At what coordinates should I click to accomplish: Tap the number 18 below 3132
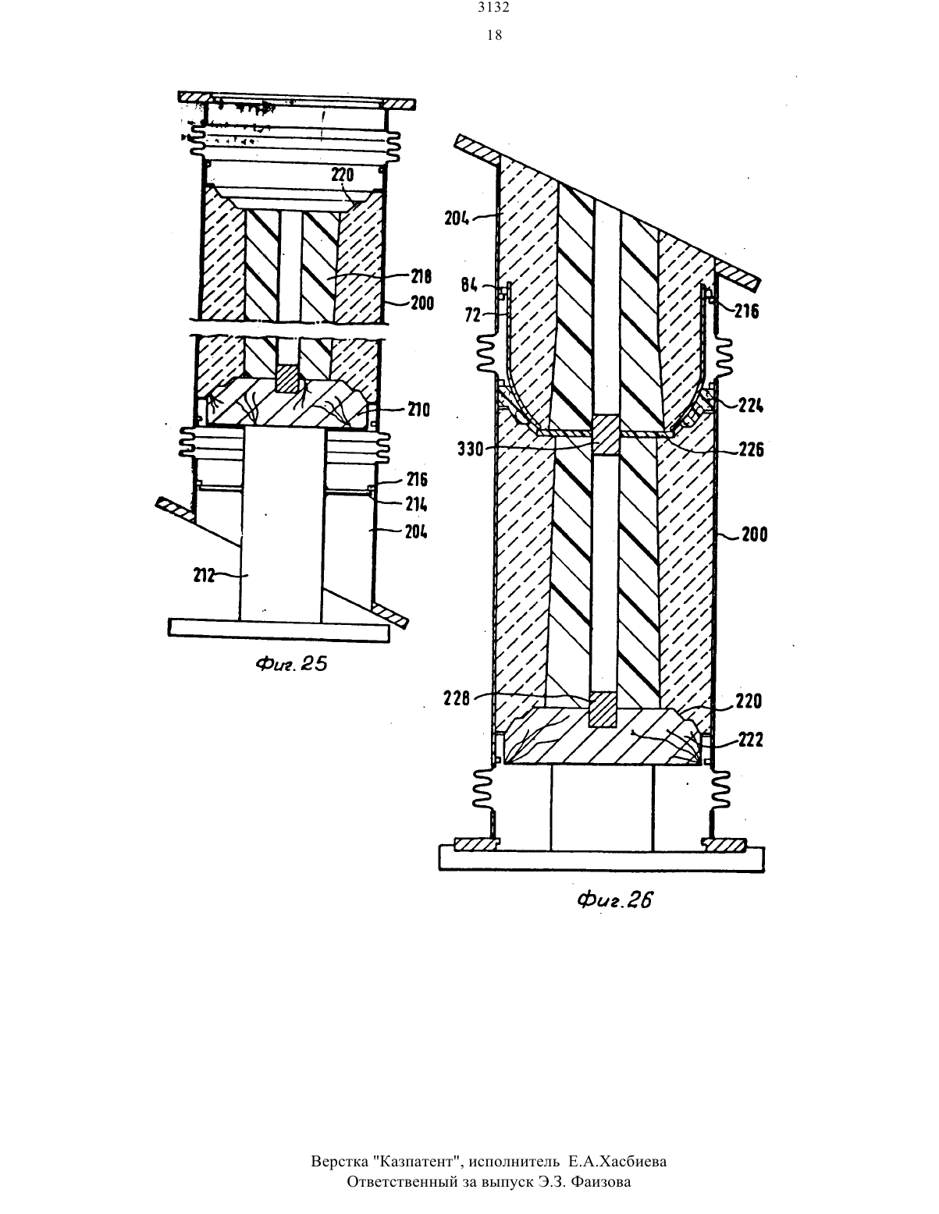pos(494,35)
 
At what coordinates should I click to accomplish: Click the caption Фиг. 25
pos(291,664)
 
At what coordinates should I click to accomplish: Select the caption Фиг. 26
pos(615,900)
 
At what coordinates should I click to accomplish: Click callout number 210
pos(418,410)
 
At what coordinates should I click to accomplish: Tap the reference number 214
pos(417,505)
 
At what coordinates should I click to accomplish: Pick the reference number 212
pos(205,575)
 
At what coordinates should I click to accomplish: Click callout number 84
pos(469,286)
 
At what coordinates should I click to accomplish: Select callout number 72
pos(472,315)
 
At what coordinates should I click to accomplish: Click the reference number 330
pos(471,449)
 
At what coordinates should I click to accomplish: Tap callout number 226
pos(751,449)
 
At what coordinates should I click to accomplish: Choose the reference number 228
pos(457,698)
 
